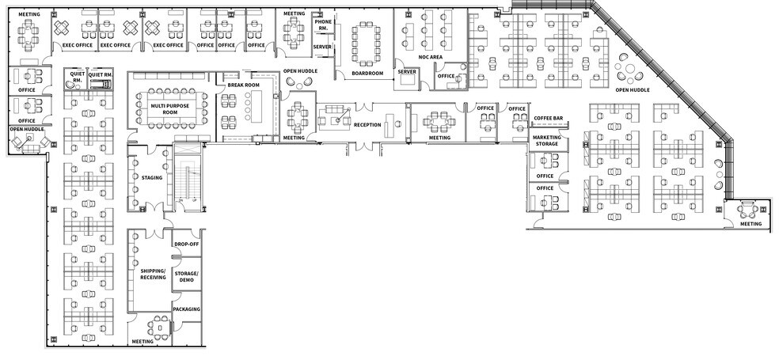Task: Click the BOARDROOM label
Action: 367,73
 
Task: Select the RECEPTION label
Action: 367,125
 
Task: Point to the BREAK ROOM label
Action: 244,85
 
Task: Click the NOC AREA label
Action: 430,57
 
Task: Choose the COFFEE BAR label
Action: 548,118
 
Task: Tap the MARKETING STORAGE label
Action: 546,141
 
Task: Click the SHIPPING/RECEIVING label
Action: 153,275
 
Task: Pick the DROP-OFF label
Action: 187,244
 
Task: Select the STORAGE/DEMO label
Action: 187,276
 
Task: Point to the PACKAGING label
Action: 187,309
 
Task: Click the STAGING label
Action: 152,177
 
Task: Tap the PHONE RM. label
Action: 322,25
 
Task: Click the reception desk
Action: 390,127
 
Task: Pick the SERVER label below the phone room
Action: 322,47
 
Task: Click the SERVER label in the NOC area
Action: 407,71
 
